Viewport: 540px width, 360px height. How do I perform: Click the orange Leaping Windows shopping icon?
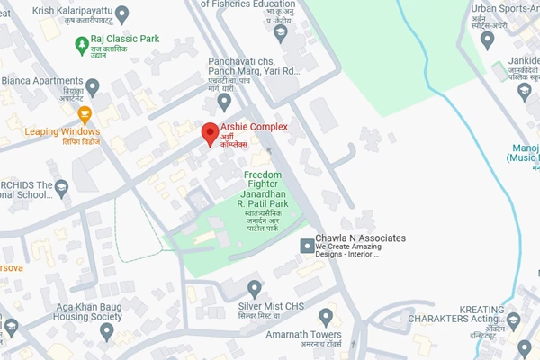(x=85, y=114)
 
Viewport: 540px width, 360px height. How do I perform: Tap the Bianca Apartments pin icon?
(x=117, y=85)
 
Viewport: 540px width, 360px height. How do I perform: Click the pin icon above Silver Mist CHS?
(x=255, y=288)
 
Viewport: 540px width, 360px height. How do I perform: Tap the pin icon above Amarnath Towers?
(x=326, y=316)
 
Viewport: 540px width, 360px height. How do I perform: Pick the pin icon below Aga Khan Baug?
(x=106, y=332)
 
